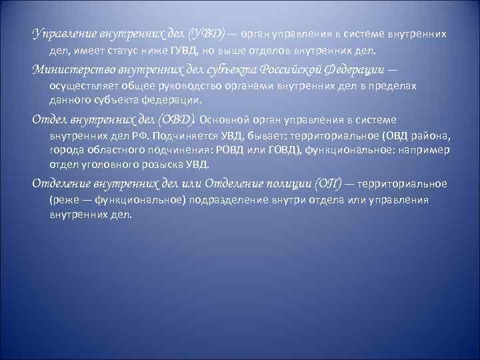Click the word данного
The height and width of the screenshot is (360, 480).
(x=69, y=100)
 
